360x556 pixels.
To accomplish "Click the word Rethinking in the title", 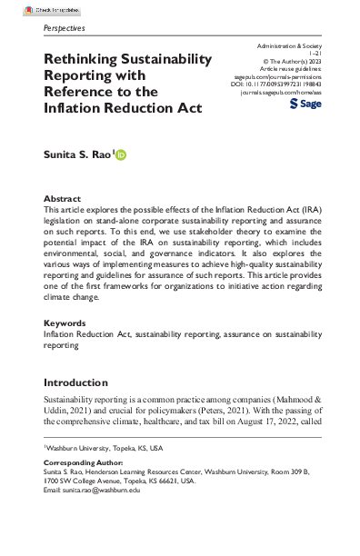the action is [79, 60].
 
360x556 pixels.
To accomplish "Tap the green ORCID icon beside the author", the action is [121, 156].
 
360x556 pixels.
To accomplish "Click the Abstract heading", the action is [62, 199].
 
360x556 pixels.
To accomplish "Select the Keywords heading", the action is [66, 323].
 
